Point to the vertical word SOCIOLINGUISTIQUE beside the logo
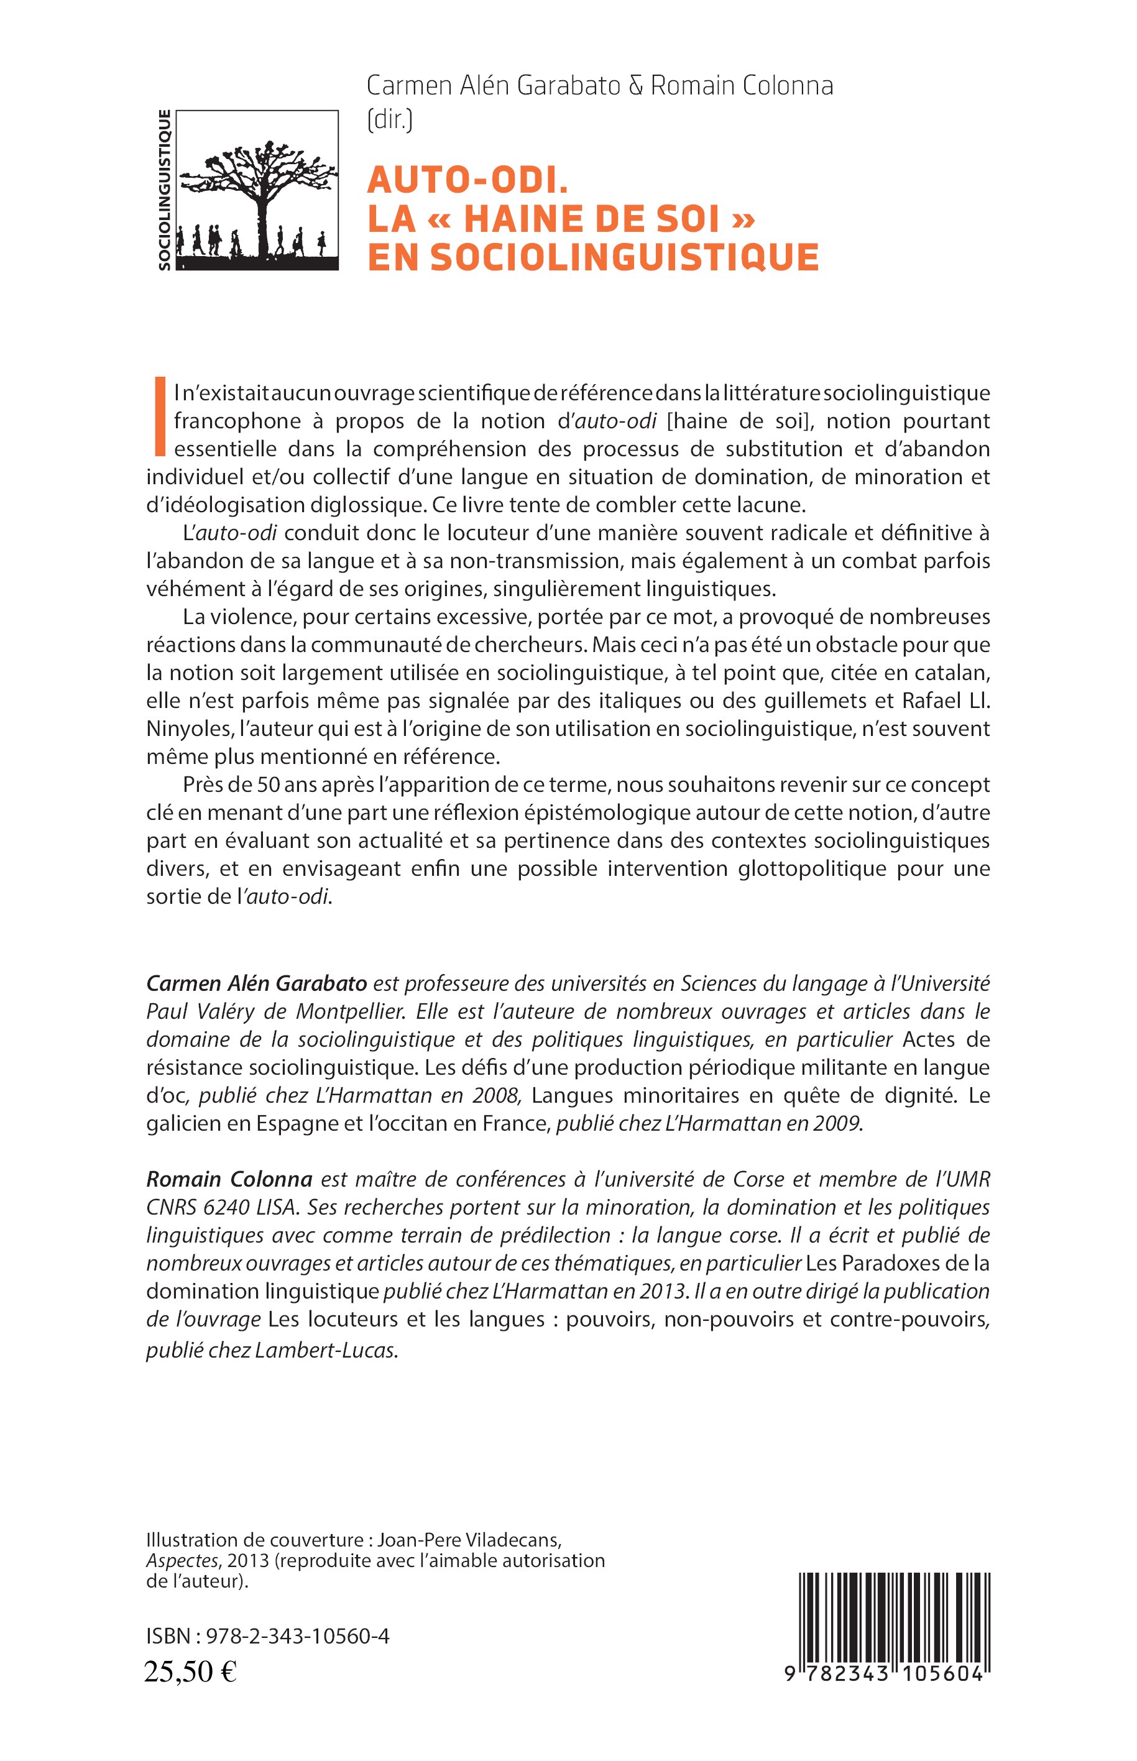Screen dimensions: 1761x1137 (165, 190)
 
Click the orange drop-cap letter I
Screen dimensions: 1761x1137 (158, 415)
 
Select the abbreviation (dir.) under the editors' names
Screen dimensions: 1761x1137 (390, 118)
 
